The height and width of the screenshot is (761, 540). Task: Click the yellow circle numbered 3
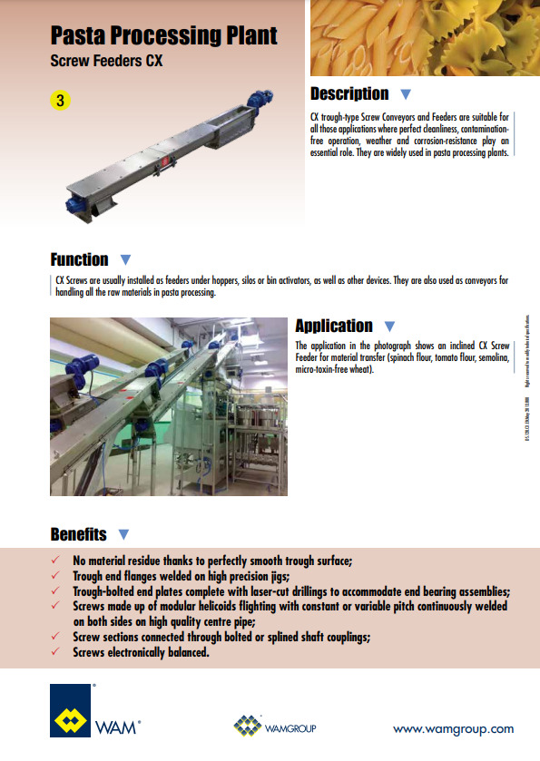[x=61, y=102]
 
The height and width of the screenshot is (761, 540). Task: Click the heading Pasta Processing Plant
[x=163, y=36]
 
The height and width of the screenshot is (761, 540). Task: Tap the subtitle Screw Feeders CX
[x=107, y=63]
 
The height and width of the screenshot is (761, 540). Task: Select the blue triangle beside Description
[x=406, y=94]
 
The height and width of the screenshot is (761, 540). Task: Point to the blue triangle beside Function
[x=125, y=260]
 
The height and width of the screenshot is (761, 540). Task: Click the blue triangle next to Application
[x=389, y=327]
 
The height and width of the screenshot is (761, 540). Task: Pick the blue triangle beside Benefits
[x=123, y=535]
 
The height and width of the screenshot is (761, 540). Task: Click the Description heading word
[x=349, y=93]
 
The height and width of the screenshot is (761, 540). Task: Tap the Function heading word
[x=80, y=259]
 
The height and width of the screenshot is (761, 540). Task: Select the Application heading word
[x=334, y=326]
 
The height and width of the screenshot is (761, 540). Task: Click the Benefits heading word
[x=78, y=534]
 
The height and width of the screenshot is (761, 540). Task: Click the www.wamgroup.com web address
[x=453, y=728]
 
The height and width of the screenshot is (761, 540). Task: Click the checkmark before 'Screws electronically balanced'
[x=58, y=652]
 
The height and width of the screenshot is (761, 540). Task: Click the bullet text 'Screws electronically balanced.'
[x=142, y=652]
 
